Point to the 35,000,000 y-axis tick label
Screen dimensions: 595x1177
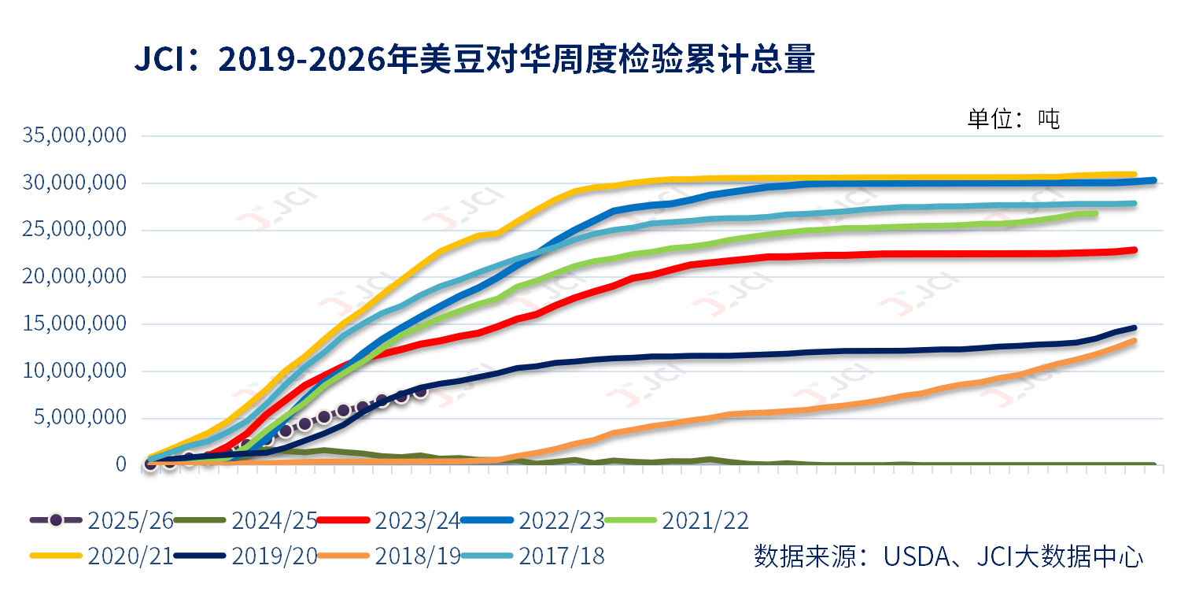pos(75,135)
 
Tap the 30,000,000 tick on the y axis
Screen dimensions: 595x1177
pos(75,183)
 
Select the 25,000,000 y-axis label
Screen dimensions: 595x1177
pos(75,230)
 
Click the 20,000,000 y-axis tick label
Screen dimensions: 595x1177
pos(75,276)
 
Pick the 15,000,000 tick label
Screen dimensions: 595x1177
pos(75,323)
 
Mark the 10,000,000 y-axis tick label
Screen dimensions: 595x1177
pos(75,371)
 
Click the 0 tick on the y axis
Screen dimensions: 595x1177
pos(120,464)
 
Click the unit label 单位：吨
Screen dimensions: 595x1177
pos(1013,119)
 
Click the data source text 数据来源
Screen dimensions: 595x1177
pos(947,556)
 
